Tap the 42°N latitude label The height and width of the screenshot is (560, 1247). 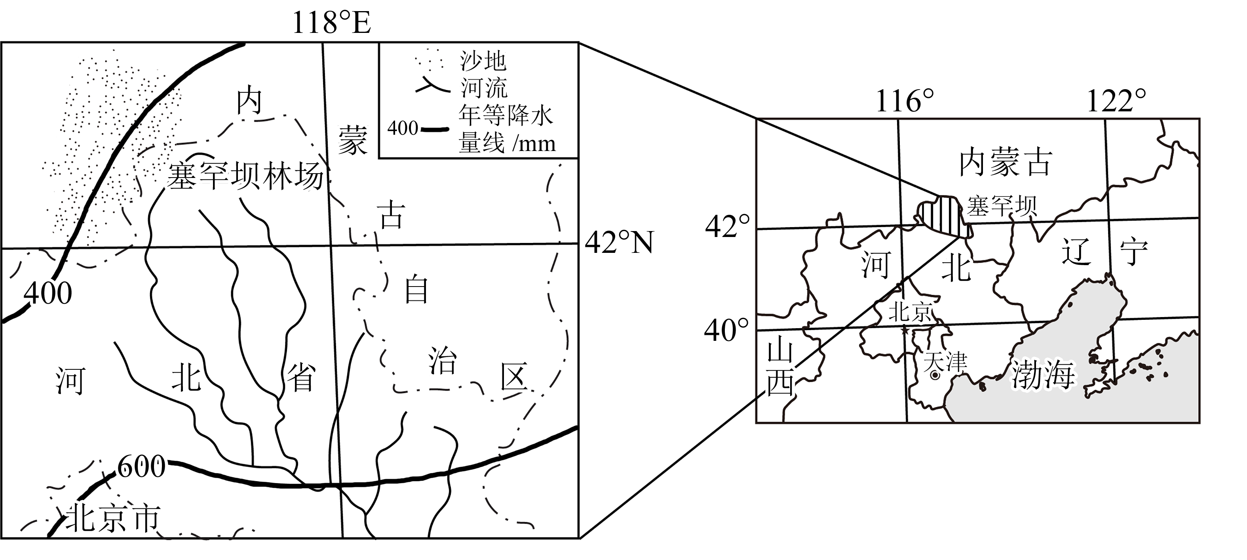(619, 242)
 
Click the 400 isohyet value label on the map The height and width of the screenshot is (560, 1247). (48, 293)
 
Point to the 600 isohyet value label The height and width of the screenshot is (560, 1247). (141, 466)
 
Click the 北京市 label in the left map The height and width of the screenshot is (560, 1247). (113, 518)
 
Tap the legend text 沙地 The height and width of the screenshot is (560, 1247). (483, 61)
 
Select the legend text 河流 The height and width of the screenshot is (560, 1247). (484, 88)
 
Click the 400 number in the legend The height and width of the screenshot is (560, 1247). (402, 128)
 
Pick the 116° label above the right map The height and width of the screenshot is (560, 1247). (904, 102)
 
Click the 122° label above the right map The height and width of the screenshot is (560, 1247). (1116, 102)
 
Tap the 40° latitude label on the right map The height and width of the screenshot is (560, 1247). (726, 331)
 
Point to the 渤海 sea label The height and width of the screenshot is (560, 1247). (1043, 375)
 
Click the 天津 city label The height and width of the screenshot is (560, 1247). (945, 361)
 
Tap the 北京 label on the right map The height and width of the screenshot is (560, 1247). (910, 312)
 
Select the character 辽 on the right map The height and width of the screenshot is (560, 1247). (1076, 252)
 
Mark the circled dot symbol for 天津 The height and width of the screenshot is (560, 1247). (935, 375)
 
